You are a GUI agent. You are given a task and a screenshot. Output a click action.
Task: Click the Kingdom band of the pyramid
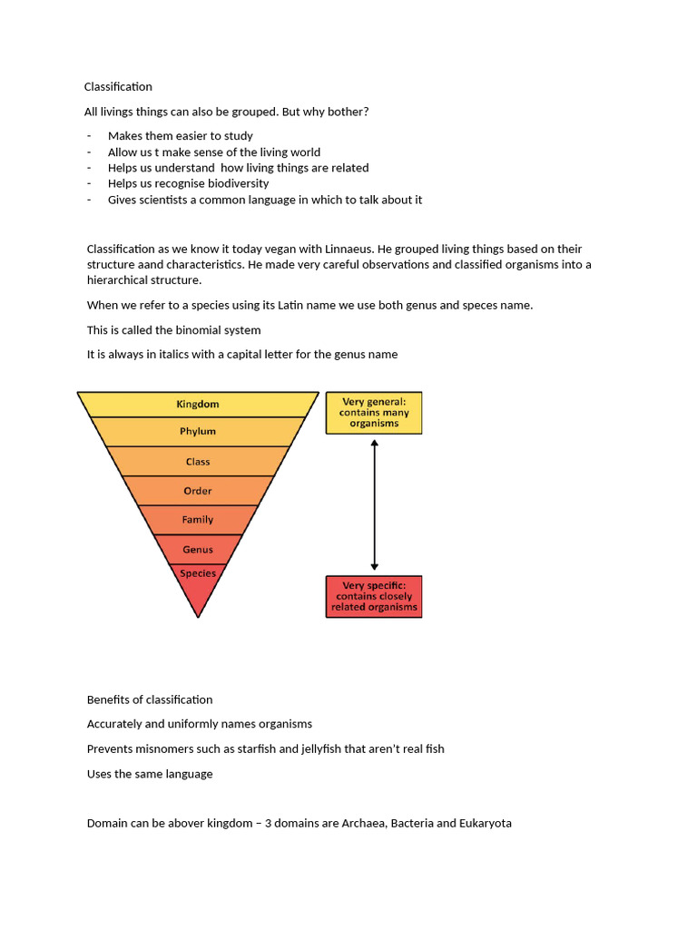tap(198, 404)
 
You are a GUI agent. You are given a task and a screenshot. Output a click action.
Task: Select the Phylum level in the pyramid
tap(198, 432)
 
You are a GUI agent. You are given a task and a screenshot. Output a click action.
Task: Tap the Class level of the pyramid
tap(198, 462)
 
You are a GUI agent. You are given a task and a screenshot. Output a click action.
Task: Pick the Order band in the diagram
tap(198, 491)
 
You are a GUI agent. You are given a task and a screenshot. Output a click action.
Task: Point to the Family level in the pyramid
tap(198, 520)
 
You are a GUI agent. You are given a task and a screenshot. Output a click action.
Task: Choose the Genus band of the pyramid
tap(198, 550)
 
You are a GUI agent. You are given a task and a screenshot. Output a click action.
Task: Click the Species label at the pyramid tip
tap(198, 573)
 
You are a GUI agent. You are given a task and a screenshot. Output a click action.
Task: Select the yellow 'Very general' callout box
tap(374, 413)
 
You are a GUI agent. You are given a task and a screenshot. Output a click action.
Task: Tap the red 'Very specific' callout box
tap(374, 597)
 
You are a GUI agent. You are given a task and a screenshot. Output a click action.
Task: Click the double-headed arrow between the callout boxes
tap(375, 504)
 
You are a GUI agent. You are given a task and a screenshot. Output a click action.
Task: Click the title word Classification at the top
tap(118, 87)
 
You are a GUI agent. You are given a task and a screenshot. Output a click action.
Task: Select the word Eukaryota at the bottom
tap(482, 824)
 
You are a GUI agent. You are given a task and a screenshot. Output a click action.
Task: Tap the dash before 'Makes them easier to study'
tap(90, 136)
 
